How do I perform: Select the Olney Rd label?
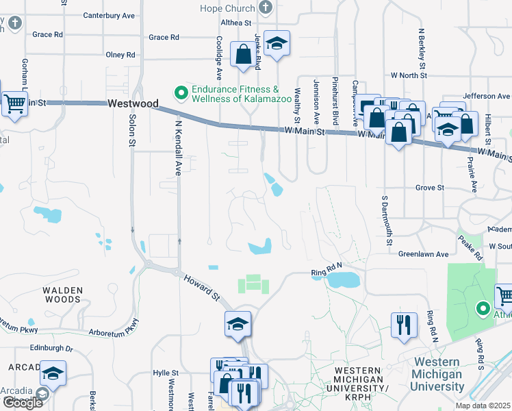pyautogui.click(x=121, y=55)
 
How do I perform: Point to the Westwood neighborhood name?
pyautogui.click(x=133, y=103)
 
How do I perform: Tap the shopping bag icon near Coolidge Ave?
pyautogui.click(x=243, y=55)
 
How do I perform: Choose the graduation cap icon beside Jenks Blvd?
pyautogui.click(x=277, y=44)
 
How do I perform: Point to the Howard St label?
pyautogui.click(x=201, y=288)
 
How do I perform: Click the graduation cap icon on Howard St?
pyautogui.click(x=238, y=324)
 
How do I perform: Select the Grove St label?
pyautogui.click(x=430, y=187)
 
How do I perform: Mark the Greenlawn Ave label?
pyautogui.click(x=423, y=254)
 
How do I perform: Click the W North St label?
pyautogui.click(x=408, y=75)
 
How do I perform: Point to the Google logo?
pyautogui.click(x=23, y=403)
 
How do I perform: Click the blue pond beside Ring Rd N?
pyautogui.click(x=342, y=279)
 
